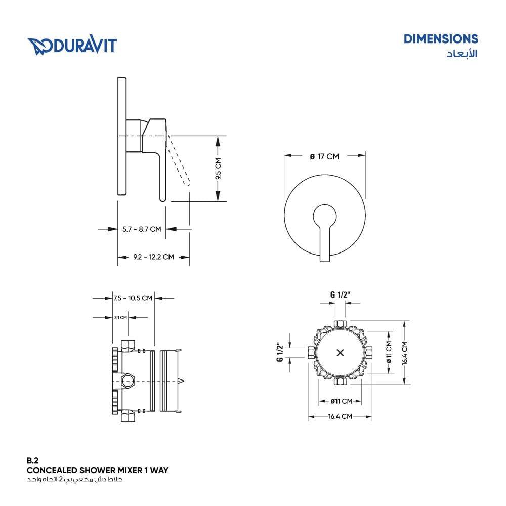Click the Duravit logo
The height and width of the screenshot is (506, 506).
pyautogui.click(x=72, y=46)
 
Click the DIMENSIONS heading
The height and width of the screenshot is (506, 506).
pyautogui.click(x=441, y=39)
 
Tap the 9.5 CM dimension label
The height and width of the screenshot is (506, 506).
pyautogui.click(x=218, y=169)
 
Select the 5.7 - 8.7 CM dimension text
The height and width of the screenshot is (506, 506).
pyautogui.click(x=142, y=229)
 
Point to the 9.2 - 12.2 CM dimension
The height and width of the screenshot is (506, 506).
pyautogui.click(x=154, y=257)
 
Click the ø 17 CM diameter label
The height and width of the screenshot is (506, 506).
pyautogui.click(x=324, y=157)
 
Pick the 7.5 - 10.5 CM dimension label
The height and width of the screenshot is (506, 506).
pyautogui.click(x=133, y=298)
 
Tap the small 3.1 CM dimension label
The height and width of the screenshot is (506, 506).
pyautogui.click(x=120, y=318)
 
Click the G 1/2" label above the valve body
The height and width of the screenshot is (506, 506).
pyautogui.click(x=340, y=294)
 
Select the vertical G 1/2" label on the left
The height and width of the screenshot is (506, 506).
pyautogui.click(x=280, y=352)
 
